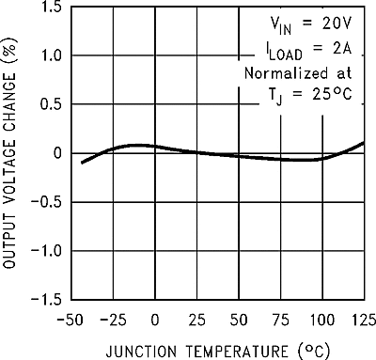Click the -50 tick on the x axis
71,318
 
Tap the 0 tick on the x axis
155,318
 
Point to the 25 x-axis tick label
196,318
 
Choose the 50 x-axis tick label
239,318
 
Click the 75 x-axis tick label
281,318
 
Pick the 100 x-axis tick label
322,318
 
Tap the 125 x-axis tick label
362,318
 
